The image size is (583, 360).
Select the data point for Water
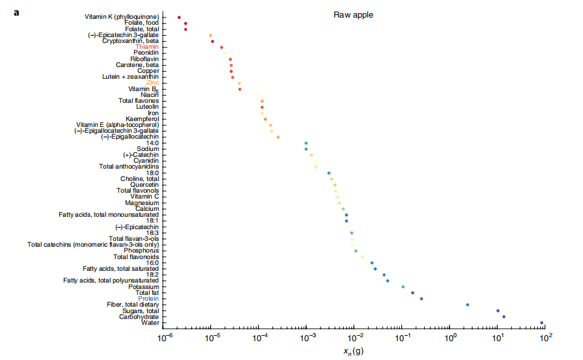(x=541, y=323)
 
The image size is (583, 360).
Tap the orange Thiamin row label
(x=147, y=47)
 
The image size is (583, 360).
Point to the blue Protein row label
(x=148, y=299)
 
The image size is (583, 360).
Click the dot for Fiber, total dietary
(x=468, y=305)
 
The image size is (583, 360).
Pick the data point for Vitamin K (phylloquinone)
(x=179, y=17)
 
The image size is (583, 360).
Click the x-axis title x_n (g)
(x=354, y=352)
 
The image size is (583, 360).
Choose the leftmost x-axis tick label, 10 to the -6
(x=164, y=338)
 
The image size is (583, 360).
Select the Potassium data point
(x=403, y=287)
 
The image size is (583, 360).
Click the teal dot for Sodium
(x=306, y=149)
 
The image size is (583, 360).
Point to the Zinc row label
(x=152, y=83)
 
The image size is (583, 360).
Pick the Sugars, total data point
(x=498, y=311)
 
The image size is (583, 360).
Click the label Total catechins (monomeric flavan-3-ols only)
(x=93, y=245)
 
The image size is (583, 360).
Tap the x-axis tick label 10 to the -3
(x=307, y=338)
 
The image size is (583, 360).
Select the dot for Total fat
(x=412, y=293)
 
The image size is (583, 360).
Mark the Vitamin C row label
(x=145, y=197)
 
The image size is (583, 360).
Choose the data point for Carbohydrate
(x=504, y=317)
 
